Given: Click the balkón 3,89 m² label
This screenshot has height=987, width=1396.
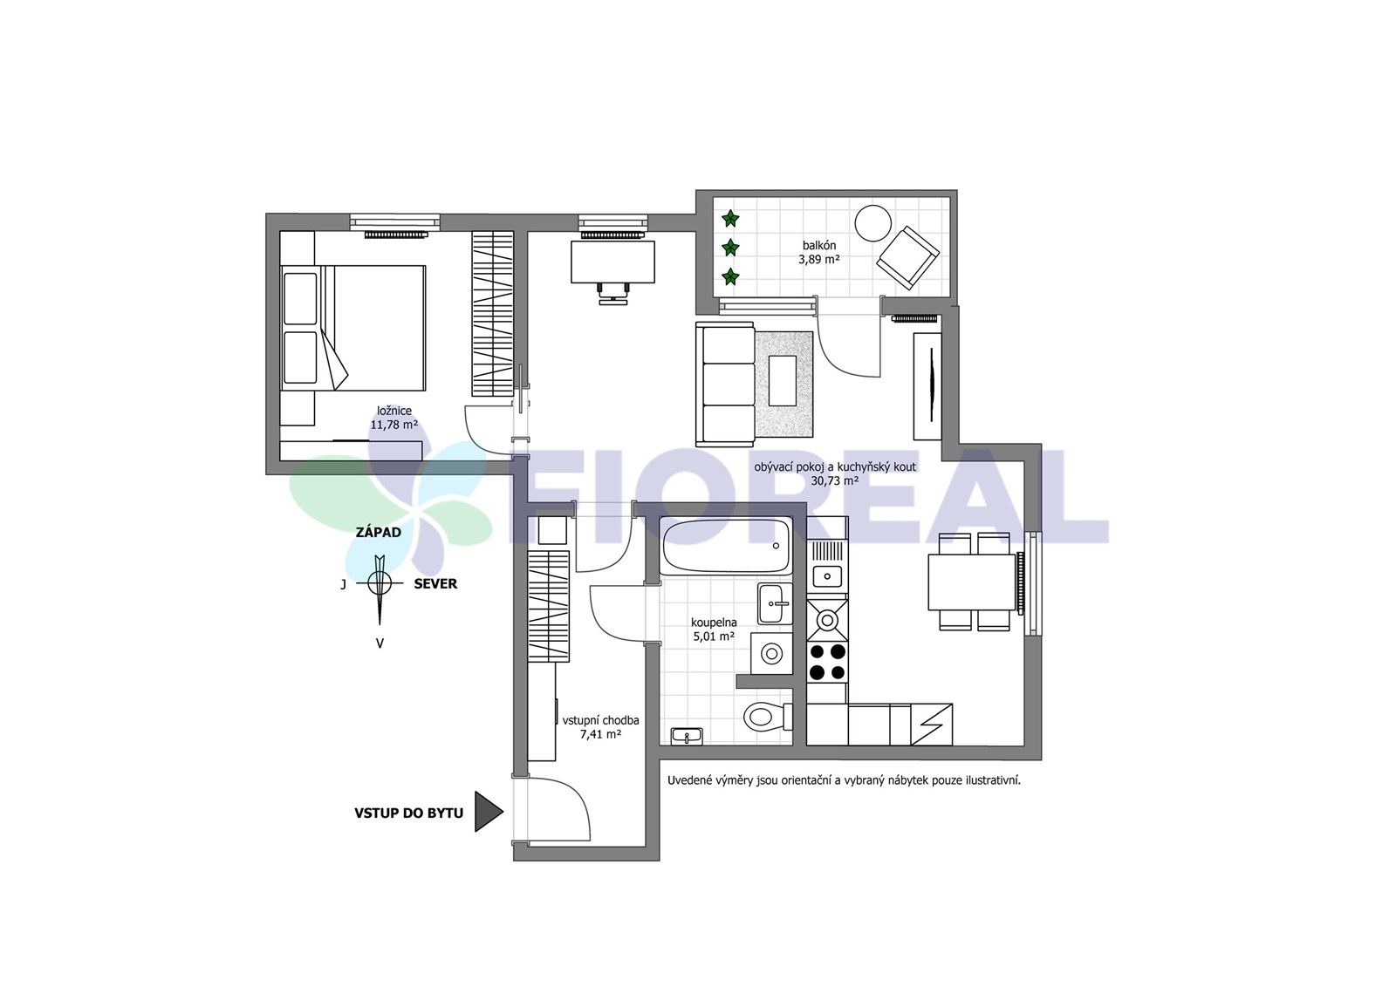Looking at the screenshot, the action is pos(819,252).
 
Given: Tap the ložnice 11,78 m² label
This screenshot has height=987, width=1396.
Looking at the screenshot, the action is pos(393,418).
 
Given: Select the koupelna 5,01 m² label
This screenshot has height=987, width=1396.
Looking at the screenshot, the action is pos(714,629).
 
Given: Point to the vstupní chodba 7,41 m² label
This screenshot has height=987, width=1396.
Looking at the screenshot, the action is pos(601,726).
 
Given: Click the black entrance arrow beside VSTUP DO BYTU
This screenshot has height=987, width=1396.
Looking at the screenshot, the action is pos(488,812).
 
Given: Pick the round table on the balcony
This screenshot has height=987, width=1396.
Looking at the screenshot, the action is pos(873,223).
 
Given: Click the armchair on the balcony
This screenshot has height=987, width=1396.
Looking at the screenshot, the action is pos(907,257).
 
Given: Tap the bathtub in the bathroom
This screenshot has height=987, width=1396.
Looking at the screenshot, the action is pos(725,546).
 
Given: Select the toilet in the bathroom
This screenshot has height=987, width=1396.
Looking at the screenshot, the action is pos(767,717).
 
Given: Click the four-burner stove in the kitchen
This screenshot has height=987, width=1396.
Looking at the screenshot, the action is pos(827,662).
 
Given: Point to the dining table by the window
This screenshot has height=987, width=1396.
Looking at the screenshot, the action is pos(972,582).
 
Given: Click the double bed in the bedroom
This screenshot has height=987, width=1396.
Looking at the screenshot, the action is pos(353,328).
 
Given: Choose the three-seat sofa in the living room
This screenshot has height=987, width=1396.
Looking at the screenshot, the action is pos(725,385).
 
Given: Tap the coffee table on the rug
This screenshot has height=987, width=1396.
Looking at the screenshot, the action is pos(782,380).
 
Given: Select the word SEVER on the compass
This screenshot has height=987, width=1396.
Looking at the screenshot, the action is pos(435,584).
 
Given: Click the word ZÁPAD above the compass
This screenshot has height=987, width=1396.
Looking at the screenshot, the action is pos(379,533).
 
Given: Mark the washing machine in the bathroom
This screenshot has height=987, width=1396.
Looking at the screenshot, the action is pos(771,654).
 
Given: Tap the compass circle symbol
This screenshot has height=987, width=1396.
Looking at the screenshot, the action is pos(379,582).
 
